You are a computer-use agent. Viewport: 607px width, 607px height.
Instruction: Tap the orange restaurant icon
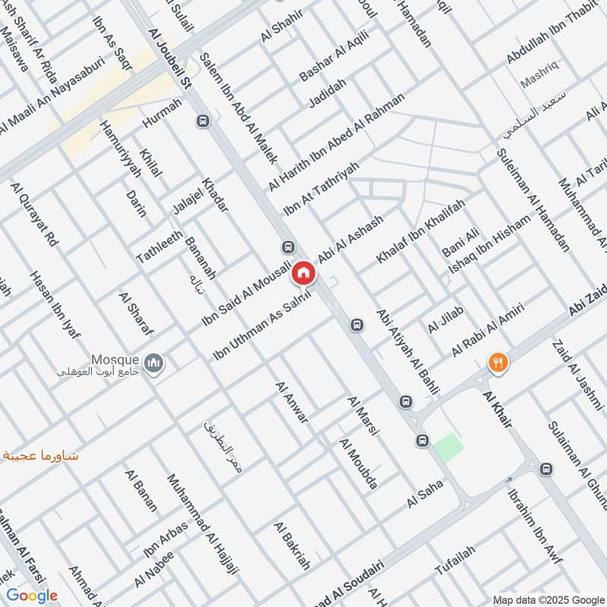(x=498, y=363)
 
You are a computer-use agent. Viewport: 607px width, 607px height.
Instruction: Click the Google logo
(x=33, y=596)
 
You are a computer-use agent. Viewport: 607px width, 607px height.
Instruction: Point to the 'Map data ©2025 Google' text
(x=557, y=597)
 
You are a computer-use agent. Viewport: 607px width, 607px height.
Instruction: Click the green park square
(x=448, y=446)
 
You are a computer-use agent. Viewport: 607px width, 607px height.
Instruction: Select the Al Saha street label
(x=424, y=497)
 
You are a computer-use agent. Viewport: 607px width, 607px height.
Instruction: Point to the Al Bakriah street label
(x=293, y=558)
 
